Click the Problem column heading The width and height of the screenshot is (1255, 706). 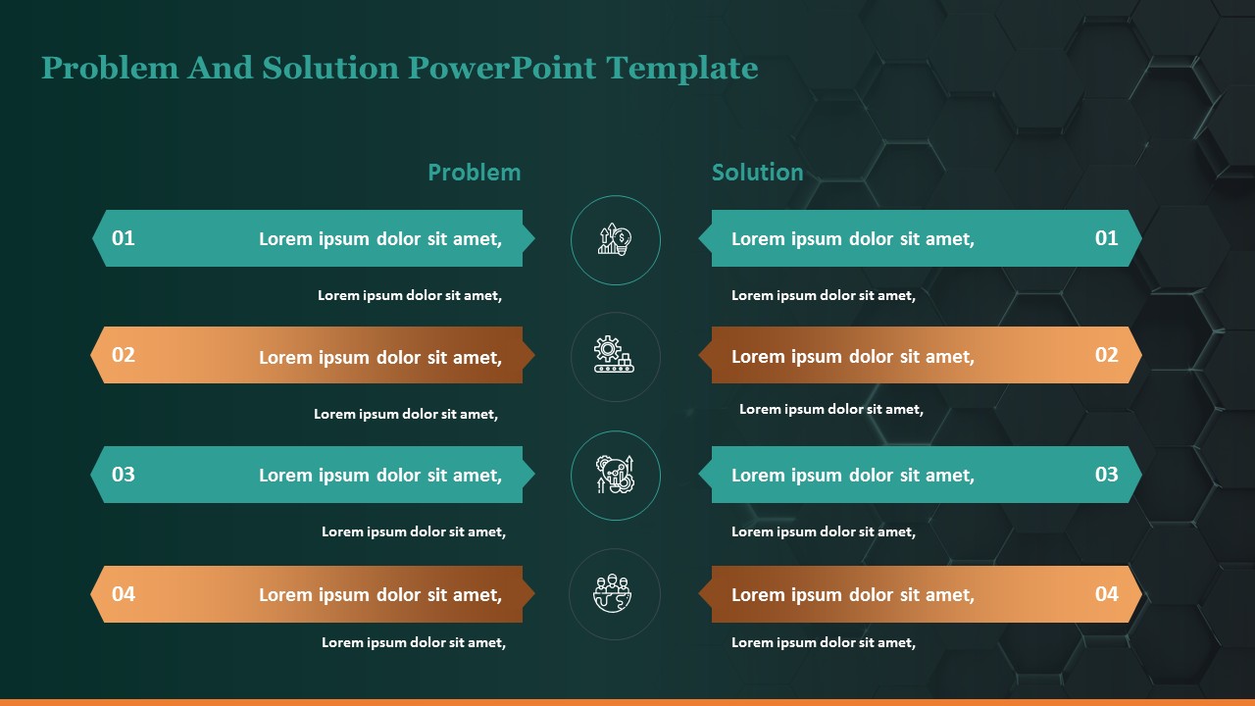(474, 173)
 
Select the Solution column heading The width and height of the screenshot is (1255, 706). (757, 173)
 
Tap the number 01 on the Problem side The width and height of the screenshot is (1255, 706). (124, 237)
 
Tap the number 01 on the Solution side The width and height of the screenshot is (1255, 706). (1106, 237)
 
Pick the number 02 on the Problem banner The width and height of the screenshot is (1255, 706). (124, 355)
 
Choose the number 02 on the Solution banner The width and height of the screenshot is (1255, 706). (1106, 355)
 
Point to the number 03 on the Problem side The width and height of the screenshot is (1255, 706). (124, 475)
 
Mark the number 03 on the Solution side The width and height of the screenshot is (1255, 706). (1106, 475)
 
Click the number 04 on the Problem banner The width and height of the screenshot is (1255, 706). (124, 593)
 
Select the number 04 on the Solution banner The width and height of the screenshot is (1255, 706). (1106, 593)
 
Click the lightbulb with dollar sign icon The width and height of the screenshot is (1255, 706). (615, 239)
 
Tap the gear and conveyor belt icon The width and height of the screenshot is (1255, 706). (615, 355)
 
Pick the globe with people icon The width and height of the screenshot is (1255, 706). (615, 593)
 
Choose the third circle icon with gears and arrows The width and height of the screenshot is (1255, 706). (615, 475)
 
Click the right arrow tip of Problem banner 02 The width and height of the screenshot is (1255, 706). (529, 355)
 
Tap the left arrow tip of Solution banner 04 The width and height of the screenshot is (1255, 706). (704, 593)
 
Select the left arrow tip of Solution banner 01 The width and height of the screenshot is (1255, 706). (704, 237)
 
